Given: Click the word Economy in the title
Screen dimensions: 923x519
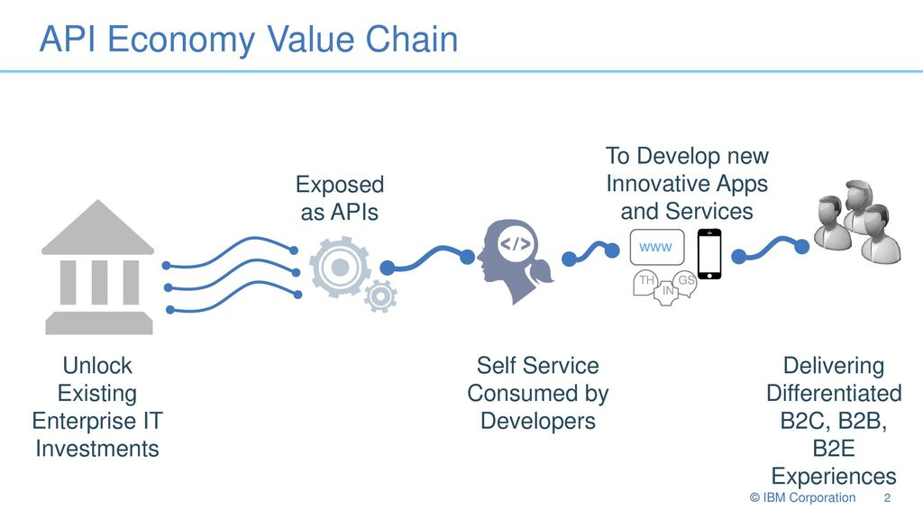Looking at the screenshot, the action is [x=180, y=41].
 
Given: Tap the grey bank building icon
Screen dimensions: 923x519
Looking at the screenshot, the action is [x=98, y=267].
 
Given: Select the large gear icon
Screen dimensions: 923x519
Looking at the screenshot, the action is [x=340, y=268].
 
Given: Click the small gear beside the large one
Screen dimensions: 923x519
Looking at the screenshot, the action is [x=380, y=296].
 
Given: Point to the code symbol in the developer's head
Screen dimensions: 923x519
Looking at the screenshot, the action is [x=515, y=243].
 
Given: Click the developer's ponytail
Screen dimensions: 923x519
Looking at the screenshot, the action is [x=542, y=272].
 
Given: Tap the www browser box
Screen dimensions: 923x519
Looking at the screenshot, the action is [x=657, y=247].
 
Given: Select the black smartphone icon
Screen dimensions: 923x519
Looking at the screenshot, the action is [x=709, y=253].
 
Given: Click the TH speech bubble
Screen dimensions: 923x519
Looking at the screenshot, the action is [x=645, y=282].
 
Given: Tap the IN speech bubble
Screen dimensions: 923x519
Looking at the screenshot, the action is [x=667, y=291].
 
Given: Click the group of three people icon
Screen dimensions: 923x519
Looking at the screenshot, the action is [x=857, y=222].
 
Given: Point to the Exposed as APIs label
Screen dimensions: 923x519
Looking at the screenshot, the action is [x=340, y=198].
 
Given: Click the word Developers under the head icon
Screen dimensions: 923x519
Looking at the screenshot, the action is [x=538, y=421].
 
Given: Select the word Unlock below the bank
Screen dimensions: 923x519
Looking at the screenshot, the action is [x=97, y=366].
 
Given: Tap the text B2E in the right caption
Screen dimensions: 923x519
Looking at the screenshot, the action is [x=834, y=449].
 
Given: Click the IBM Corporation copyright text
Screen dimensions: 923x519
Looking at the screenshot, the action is [x=802, y=497].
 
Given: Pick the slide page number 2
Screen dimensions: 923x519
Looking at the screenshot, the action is [x=887, y=498].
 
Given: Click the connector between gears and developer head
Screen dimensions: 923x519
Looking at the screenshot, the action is [x=426, y=259].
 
